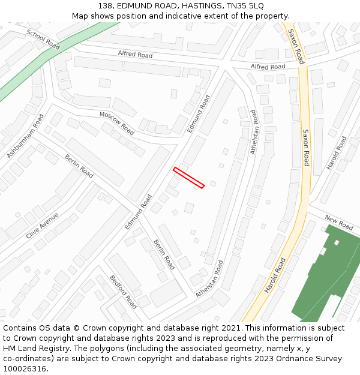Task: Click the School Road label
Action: (x=43, y=39)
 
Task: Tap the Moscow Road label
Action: (x=116, y=122)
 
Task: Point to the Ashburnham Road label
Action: (x=26, y=136)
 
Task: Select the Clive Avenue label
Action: (x=42, y=226)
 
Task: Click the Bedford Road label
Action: (x=123, y=292)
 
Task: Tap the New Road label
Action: (x=339, y=222)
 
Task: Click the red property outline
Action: (x=189, y=178)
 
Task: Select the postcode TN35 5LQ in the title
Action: (x=243, y=6)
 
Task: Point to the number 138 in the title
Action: (x=106, y=6)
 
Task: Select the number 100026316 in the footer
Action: (x=25, y=369)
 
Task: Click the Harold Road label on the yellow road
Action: (x=275, y=275)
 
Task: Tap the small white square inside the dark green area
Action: (x=337, y=242)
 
